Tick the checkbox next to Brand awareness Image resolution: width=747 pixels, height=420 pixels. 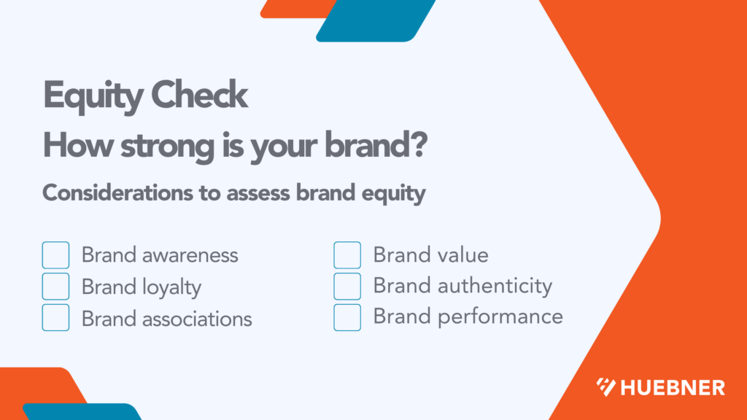pyautogui.click(x=55, y=255)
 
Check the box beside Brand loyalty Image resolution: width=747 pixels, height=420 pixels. pyautogui.click(x=55, y=287)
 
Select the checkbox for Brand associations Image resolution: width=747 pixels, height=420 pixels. pyautogui.click(x=55, y=318)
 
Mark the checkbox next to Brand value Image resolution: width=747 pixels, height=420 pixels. pyautogui.click(x=347, y=255)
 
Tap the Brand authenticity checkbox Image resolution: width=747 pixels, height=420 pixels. pyautogui.click(x=347, y=286)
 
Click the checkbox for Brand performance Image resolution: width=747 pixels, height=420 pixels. pyautogui.click(x=347, y=317)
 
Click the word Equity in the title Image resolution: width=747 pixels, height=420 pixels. pyautogui.click(x=92, y=96)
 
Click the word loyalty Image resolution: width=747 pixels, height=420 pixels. pyautogui.click(x=171, y=287)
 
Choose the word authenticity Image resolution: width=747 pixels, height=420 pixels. pyautogui.click(x=495, y=287)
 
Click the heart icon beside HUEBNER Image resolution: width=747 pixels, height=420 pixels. pyautogui.click(x=605, y=387)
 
